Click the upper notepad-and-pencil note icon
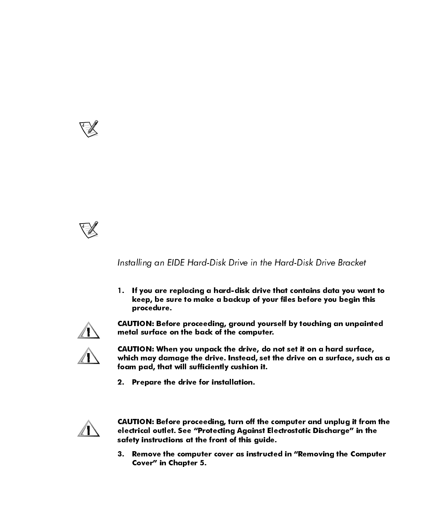pos(88,129)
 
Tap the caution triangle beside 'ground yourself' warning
pos(89,331)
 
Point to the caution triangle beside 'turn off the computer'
pos(89,429)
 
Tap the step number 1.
pos(120,291)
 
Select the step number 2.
pos(120,383)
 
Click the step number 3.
pos(120,454)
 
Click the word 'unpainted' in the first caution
pos(364,324)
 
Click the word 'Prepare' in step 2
pos(147,383)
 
